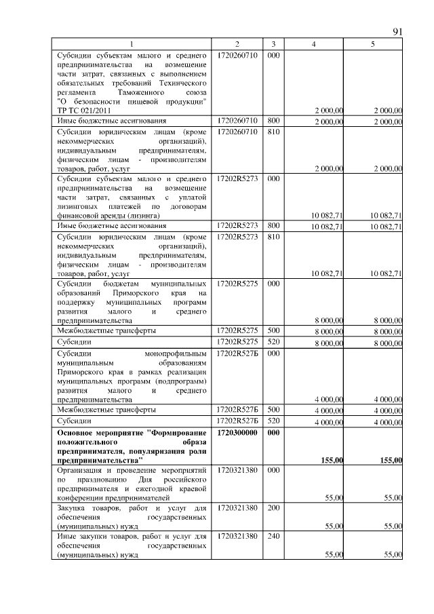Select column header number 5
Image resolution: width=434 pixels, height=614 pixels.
(x=373, y=44)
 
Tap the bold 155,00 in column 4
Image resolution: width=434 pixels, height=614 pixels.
(x=330, y=461)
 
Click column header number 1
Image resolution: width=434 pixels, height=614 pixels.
(x=132, y=44)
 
